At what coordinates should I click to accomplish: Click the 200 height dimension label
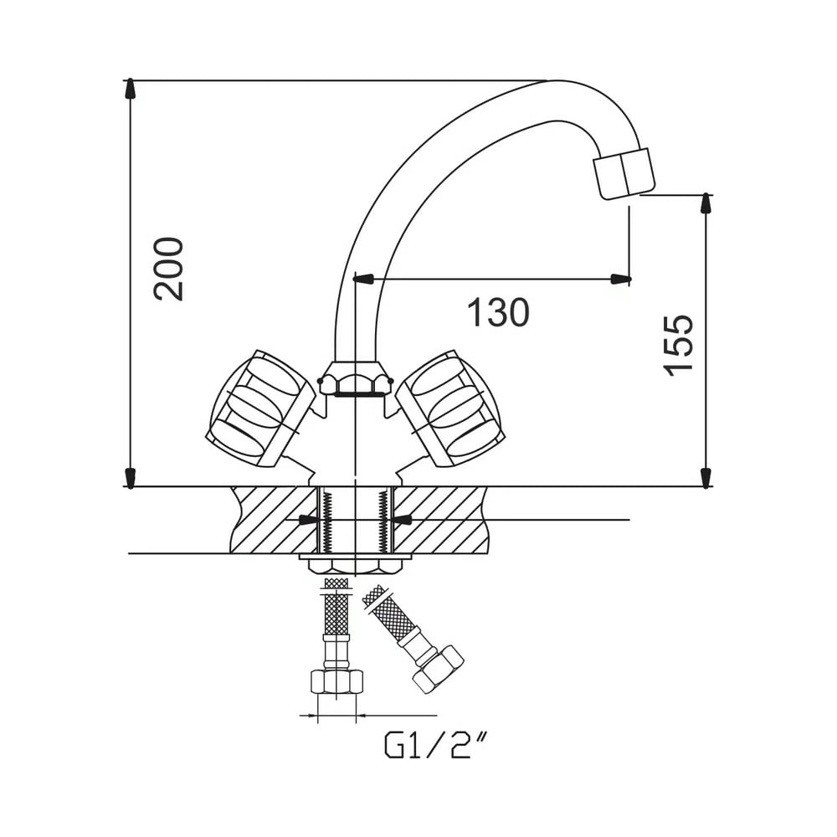click(x=168, y=269)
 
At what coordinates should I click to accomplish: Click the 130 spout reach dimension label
click(x=498, y=312)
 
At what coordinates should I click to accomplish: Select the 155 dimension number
click(x=678, y=346)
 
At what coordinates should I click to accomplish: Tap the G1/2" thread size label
click(x=436, y=745)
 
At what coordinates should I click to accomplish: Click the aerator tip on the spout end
click(x=624, y=173)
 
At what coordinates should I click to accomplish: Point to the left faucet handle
click(x=260, y=408)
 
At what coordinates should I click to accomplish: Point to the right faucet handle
click(x=450, y=408)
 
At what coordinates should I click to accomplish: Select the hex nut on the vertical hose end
click(x=336, y=682)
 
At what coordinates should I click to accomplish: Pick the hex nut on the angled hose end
click(x=438, y=670)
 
